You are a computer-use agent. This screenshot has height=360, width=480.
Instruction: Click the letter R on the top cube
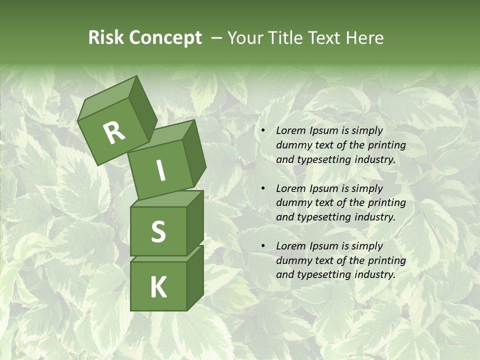tap(114, 132)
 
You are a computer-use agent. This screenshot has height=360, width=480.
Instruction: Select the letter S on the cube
tap(158, 231)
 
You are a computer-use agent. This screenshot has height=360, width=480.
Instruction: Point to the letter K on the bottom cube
tap(158, 287)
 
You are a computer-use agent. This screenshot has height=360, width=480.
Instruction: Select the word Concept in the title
tap(165, 37)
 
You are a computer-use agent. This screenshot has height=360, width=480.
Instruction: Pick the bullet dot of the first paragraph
tap(262, 131)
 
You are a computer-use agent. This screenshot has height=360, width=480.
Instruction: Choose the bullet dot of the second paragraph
tap(262, 188)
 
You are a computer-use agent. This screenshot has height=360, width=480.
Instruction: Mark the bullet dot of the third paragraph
tap(262, 246)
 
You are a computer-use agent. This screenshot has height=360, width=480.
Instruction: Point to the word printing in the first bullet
tap(386, 145)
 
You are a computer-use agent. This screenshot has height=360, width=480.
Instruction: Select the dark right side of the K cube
tap(195, 277)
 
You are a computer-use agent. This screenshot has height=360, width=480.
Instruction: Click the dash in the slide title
tap(217, 38)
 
